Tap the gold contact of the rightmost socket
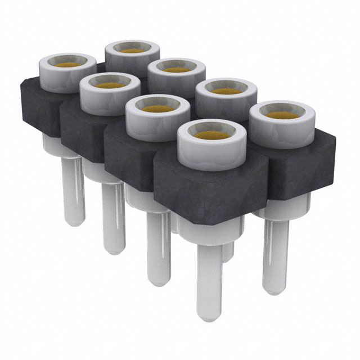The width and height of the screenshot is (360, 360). (281, 115)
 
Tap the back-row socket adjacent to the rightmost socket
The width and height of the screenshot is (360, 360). (228, 90)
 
